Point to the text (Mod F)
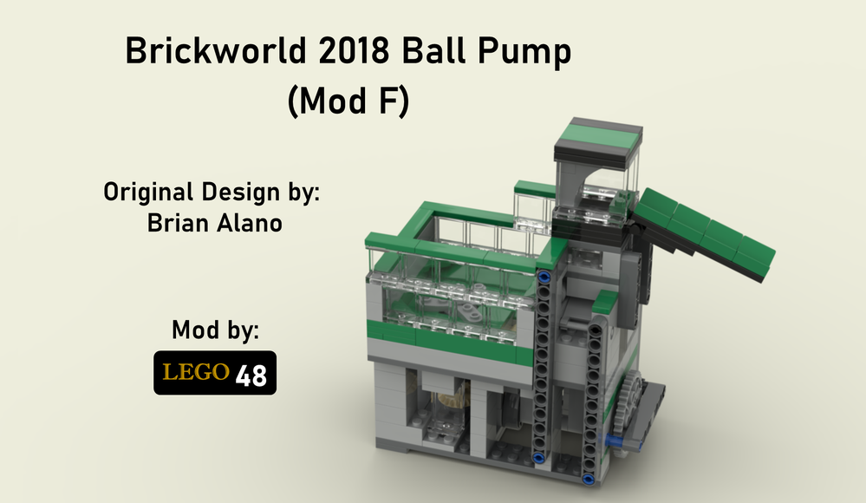tap(347, 102)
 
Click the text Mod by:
tap(216, 330)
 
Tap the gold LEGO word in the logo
tap(196, 373)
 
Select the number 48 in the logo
tap(251, 375)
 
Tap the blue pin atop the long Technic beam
tap(544, 278)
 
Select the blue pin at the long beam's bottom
tap(540, 460)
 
